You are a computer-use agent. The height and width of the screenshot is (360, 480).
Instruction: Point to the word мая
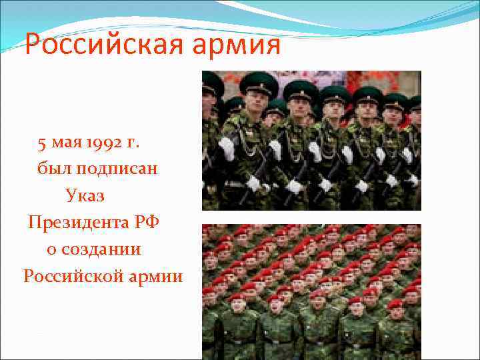67,143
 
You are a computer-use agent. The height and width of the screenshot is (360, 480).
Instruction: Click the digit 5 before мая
42,143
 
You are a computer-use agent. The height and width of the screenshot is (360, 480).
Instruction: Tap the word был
53,169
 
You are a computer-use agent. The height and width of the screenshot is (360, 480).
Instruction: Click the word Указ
85,195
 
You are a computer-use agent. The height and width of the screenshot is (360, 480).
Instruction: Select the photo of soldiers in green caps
311,140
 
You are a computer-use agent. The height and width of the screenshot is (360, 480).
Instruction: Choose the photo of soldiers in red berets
311,291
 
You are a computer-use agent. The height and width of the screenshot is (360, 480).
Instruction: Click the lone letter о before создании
51,249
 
